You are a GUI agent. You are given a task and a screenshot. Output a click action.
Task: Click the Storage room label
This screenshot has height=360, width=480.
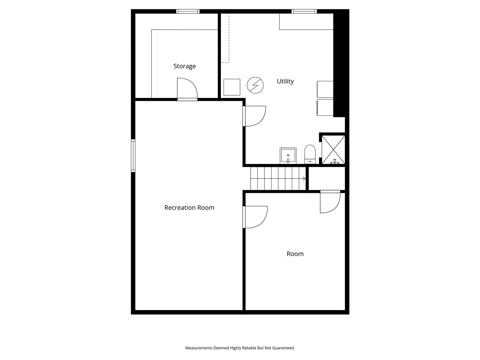point(184,66)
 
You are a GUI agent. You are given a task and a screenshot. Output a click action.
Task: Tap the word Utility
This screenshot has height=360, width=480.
point(285,81)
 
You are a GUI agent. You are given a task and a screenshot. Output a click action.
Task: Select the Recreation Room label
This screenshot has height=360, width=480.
point(189,208)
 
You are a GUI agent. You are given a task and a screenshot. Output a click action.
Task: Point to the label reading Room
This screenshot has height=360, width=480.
point(295,254)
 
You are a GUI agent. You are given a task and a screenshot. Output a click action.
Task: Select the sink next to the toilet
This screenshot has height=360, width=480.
point(288,156)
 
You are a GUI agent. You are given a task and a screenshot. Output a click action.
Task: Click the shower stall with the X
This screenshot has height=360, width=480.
point(333,149)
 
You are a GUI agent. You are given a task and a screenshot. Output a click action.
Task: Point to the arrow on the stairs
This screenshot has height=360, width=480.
point(304,178)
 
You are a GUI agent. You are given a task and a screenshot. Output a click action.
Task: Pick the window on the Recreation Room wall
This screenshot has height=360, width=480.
point(133,156)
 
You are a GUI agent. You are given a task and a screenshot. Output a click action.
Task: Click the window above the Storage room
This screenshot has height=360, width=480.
point(188,11)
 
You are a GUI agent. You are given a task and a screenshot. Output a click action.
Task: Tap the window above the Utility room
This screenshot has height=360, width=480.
point(304,11)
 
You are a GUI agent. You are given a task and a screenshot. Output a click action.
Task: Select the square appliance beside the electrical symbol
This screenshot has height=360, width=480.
point(232,87)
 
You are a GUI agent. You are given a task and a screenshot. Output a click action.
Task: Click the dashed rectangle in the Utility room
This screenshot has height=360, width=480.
point(225,38)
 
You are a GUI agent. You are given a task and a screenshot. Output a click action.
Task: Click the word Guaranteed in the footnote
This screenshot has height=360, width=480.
point(284,348)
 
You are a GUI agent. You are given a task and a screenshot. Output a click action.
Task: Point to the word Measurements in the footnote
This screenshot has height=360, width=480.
point(199,348)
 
